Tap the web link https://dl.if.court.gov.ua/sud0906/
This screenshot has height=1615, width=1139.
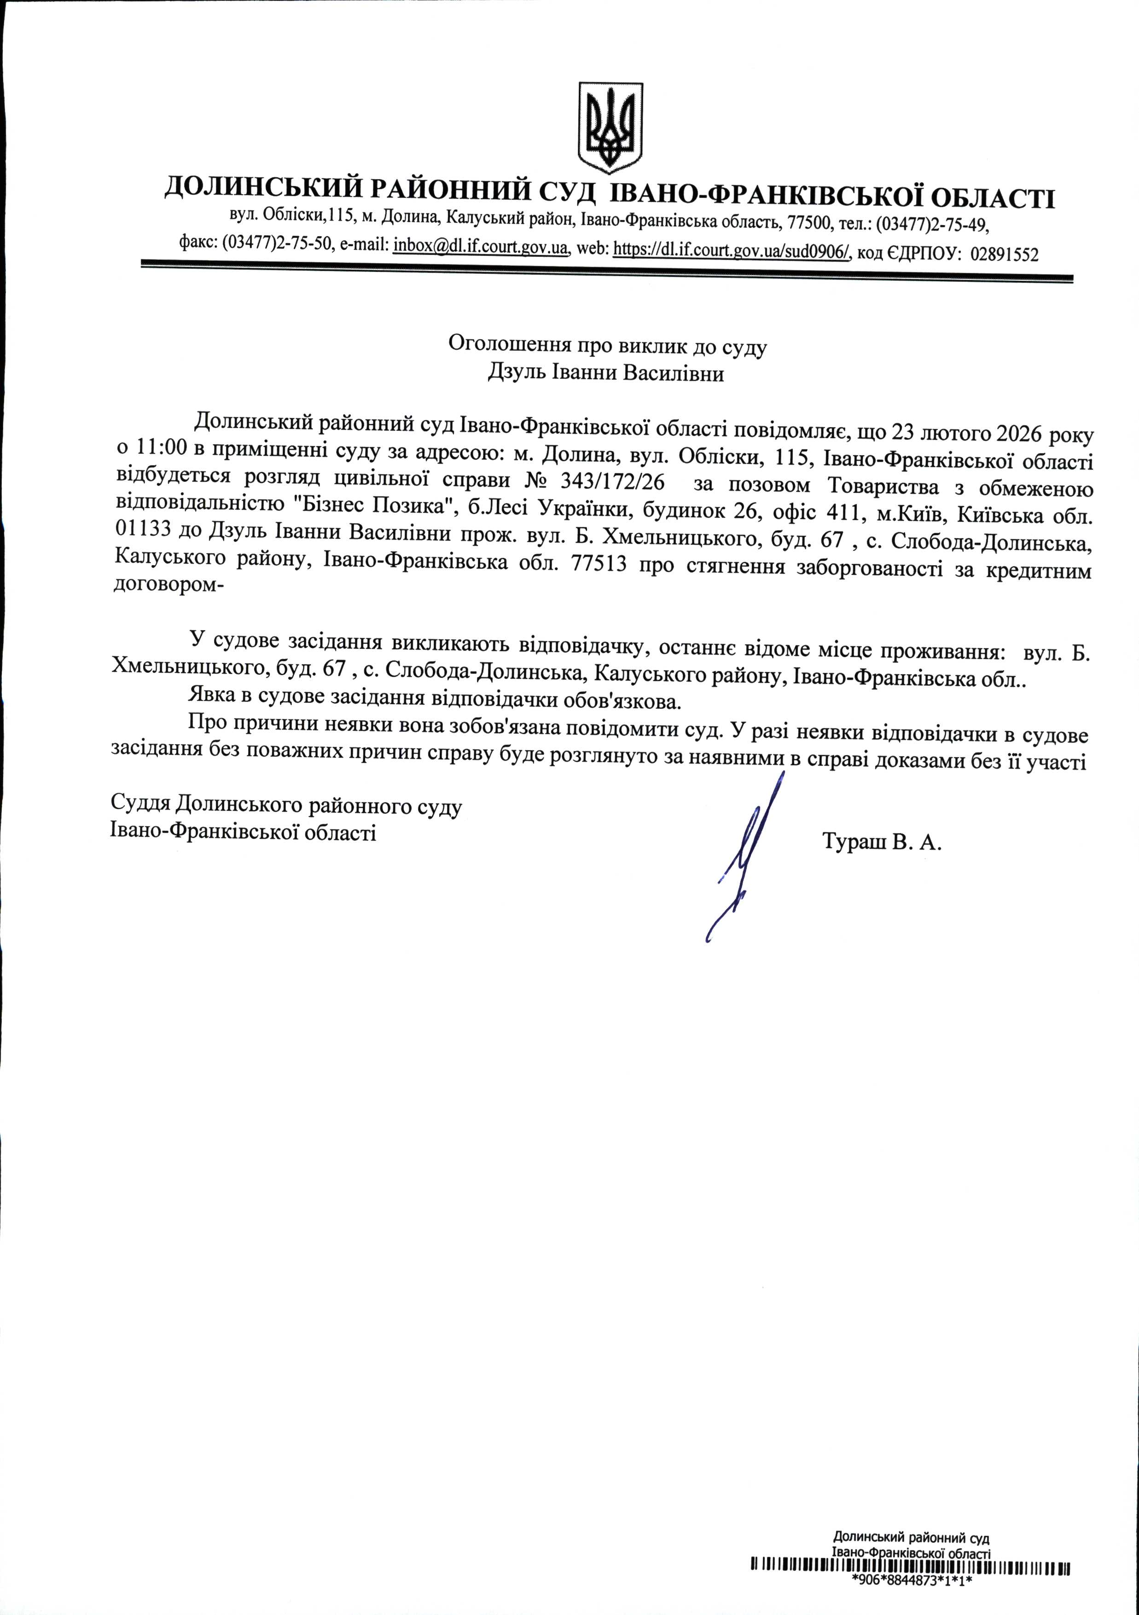click(732, 250)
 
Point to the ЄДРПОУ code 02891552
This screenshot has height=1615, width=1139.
click(1004, 254)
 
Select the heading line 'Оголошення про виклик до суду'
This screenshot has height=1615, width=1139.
click(607, 345)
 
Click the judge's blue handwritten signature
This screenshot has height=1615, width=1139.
click(746, 855)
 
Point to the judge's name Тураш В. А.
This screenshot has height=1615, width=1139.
click(881, 841)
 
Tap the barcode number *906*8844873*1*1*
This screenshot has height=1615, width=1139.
click(910, 1598)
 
